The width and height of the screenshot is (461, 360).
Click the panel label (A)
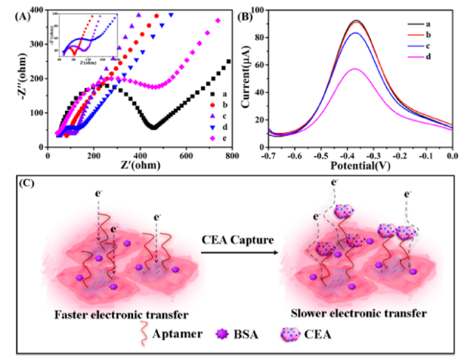point(16,13)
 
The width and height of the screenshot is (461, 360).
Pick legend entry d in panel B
point(433,56)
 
